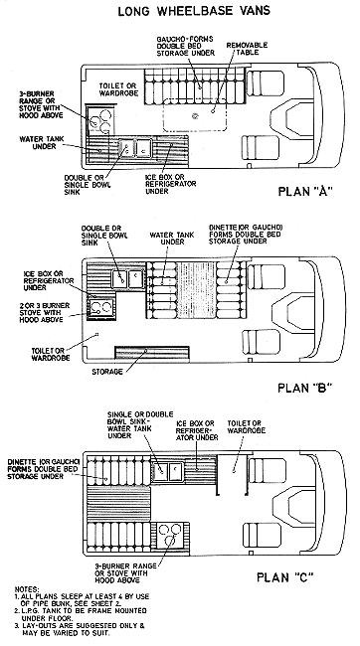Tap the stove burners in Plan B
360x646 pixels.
pos(98,309)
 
